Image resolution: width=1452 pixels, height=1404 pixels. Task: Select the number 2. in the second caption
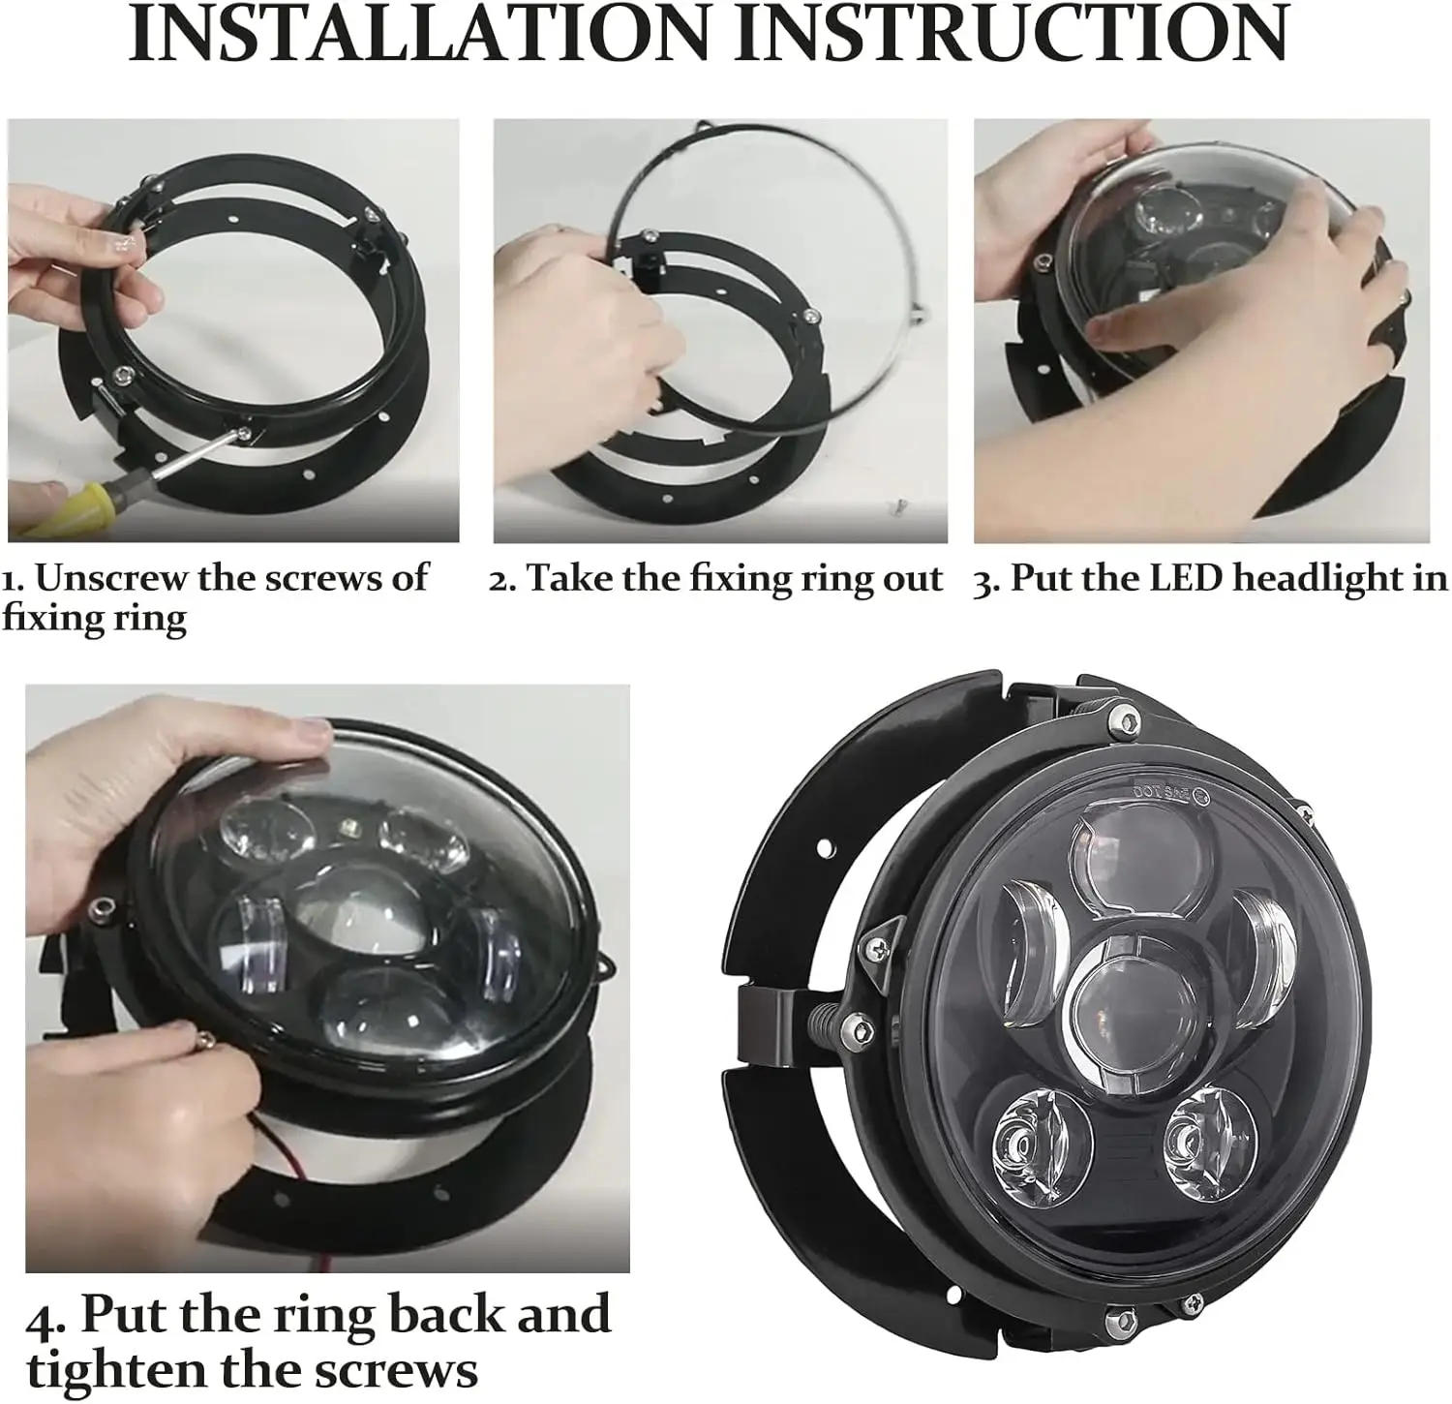(502, 579)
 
